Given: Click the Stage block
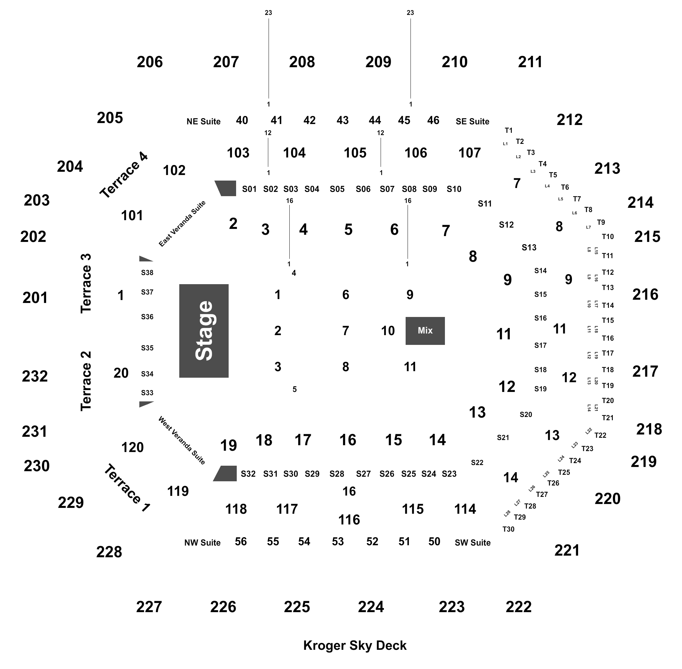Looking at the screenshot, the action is click(204, 331).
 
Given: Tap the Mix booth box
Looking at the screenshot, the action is click(425, 331).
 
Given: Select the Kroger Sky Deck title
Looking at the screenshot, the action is click(355, 646).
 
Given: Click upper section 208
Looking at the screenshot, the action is click(302, 62).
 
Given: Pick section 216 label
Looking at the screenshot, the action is click(645, 295).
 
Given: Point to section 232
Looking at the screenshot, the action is click(35, 376).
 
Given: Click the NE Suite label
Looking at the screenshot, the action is click(203, 121).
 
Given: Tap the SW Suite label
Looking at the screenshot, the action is click(473, 543).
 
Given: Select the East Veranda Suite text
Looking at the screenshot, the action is click(182, 224).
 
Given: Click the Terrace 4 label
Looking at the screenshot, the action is click(124, 175).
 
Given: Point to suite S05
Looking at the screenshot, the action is click(337, 189).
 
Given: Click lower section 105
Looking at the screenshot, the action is click(355, 153).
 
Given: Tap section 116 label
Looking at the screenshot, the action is click(349, 520).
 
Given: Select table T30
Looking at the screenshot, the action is click(509, 529).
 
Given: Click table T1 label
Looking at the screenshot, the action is click(509, 130).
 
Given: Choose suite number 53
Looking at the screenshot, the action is click(338, 541).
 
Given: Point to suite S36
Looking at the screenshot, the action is click(147, 317).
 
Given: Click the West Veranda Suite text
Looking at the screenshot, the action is click(182, 441).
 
